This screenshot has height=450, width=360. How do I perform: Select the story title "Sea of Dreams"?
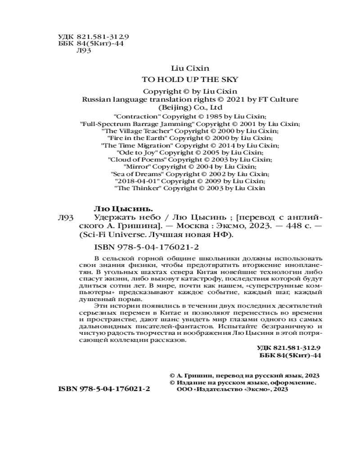(x=137, y=174)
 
